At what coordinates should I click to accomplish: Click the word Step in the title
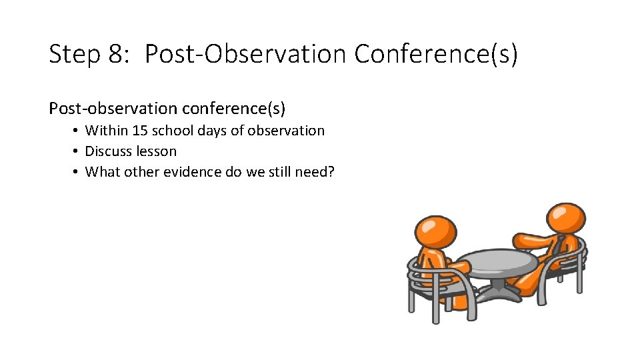[x=74, y=55]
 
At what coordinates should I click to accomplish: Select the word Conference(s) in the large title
[x=435, y=55]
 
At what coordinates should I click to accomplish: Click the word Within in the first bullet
[x=106, y=131]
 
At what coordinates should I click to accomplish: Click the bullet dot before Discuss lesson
[x=77, y=151]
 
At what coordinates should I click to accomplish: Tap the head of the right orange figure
[x=565, y=218]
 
